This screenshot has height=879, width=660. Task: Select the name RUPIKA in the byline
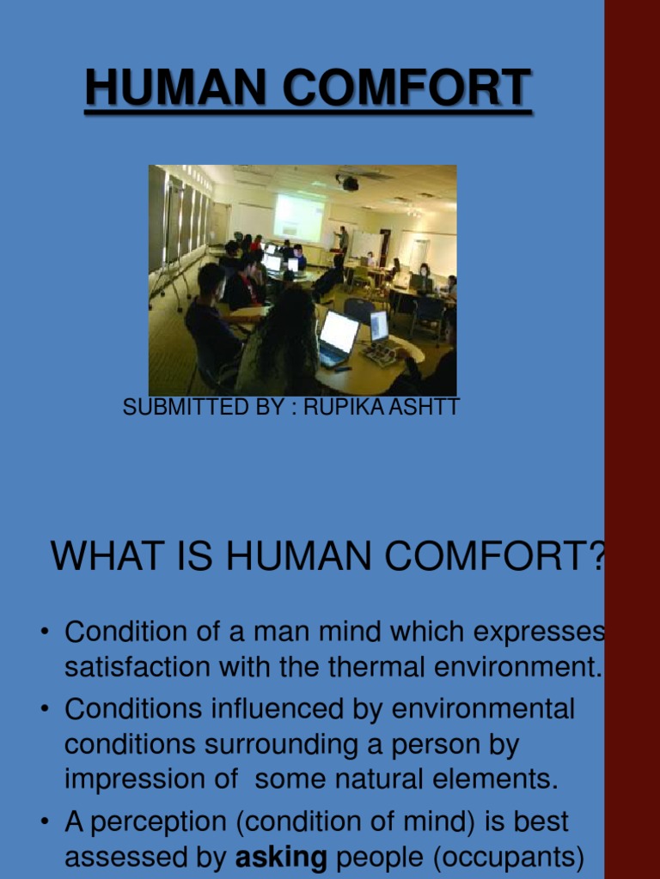click(340, 407)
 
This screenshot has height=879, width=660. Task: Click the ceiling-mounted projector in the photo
click(348, 182)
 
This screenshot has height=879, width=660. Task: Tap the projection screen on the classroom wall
click(299, 217)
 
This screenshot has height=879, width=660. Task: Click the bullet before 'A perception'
click(44, 823)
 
